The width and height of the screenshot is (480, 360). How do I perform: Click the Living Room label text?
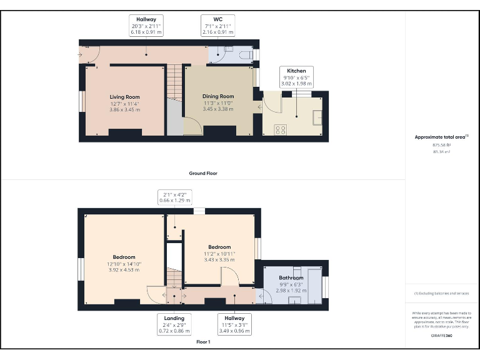[x=124, y=97]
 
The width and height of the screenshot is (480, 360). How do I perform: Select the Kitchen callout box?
[x=296, y=77]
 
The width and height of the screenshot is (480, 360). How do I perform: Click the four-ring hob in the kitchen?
[x=281, y=130]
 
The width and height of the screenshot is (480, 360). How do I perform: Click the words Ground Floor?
[x=203, y=173]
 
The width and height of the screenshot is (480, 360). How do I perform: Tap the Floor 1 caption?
[x=203, y=342]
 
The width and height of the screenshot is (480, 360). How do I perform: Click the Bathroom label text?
[x=291, y=277]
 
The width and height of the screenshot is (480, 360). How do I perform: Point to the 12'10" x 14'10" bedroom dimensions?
[x=124, y=264]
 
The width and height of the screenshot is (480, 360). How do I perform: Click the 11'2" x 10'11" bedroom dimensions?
[x=219, y=254]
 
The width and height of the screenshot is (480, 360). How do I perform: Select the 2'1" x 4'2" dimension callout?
[x=174, y=197]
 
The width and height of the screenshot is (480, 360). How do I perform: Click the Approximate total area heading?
[x=441, y=136]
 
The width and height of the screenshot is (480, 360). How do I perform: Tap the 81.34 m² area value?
[x=441, y=151]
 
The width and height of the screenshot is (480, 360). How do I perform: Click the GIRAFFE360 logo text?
[x=441, y=336]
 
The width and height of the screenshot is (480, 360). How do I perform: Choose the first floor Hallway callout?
[x=234, y=324]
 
